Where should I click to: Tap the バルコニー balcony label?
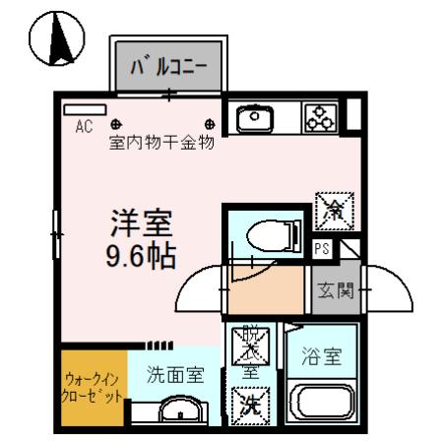169,68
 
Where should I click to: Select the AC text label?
84,125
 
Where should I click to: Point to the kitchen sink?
255,118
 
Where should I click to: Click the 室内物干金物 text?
161,142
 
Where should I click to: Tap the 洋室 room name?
141,224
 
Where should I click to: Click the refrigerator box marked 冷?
331,209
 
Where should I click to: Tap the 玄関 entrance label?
332,290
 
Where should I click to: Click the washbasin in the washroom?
178,412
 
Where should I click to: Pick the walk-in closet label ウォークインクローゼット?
94,388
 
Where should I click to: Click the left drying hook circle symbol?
116,124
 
